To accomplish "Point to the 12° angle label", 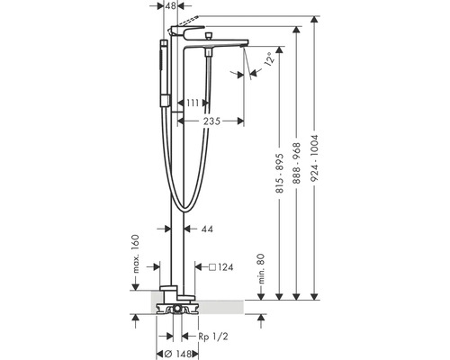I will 268,62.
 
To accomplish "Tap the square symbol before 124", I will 211,266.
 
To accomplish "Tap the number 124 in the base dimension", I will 227,266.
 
